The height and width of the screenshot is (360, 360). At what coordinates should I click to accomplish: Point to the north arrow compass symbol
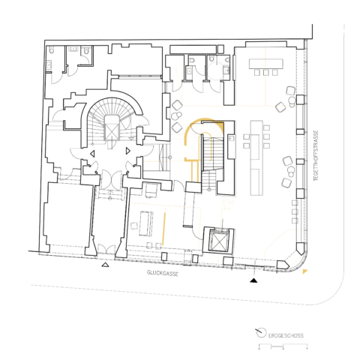(x=260, y=333)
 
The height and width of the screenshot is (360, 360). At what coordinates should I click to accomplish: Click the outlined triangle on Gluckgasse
(x=106, y=264)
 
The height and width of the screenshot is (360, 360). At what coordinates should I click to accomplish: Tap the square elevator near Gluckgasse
(x=219, y=241)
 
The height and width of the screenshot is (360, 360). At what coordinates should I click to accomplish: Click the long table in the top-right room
(x=267, y=61)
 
